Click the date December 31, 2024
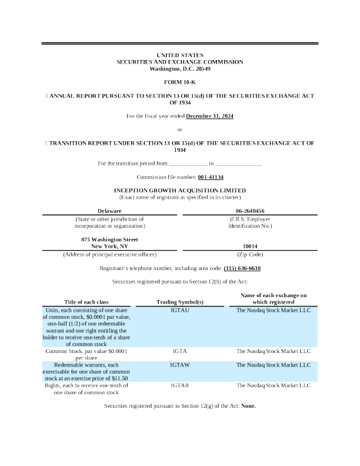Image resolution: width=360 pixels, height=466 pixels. pyautogui.click(x=210, y=116)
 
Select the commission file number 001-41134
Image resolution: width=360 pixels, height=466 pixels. pyautogui.click(x=211, y=177)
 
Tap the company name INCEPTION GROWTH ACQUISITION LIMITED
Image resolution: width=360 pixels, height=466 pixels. pyautogui.click(x=180, y=190)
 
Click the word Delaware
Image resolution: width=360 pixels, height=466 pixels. pyautogui.click(x=109, y=210)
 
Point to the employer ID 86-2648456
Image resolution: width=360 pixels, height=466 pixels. pyautogui.click(x=249, y=210)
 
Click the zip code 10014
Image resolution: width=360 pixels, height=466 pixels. pyautogui.click(x=249, y=246)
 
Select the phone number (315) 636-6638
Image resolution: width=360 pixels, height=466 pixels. pyautogui.click(x=242, y=268)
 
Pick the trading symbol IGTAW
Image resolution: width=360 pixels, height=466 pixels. pyautogui.click(x=179, y=365)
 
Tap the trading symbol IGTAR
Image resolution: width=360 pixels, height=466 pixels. pyautogui.click(x=179, y=385)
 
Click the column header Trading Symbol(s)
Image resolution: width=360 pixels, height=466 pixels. pyautogui.click(x=179, y=302)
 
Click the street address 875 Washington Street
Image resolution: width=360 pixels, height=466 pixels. pyautogui.click(x=109, y=239)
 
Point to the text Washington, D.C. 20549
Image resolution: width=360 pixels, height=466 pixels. pyautogui.click(x=180, y=69)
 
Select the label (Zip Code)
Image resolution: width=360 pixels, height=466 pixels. pyautogui.click(x=249, y=254)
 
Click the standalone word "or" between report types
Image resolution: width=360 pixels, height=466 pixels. pyautogui.click(x=180, y=129)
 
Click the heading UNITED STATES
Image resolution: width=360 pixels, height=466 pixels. pyautogui.click(x=180, y=55)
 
